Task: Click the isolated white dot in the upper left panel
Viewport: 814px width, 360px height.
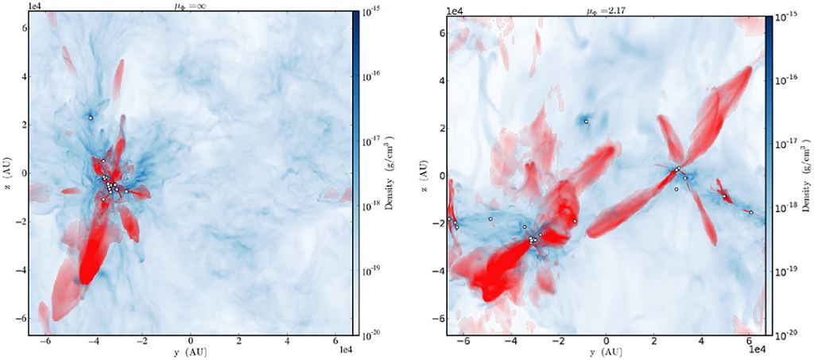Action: (91, 118)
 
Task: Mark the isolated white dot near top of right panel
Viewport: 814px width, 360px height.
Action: (586, 122)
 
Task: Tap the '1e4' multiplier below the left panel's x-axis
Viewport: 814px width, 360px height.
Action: (345, 350)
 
